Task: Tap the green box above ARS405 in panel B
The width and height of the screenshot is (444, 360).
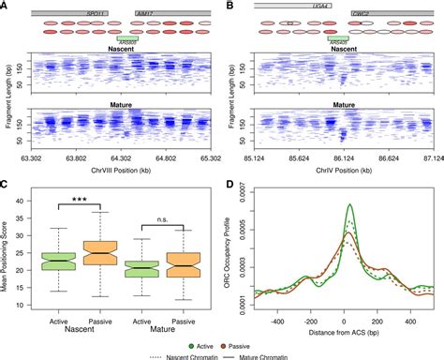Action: pos(338,39)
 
